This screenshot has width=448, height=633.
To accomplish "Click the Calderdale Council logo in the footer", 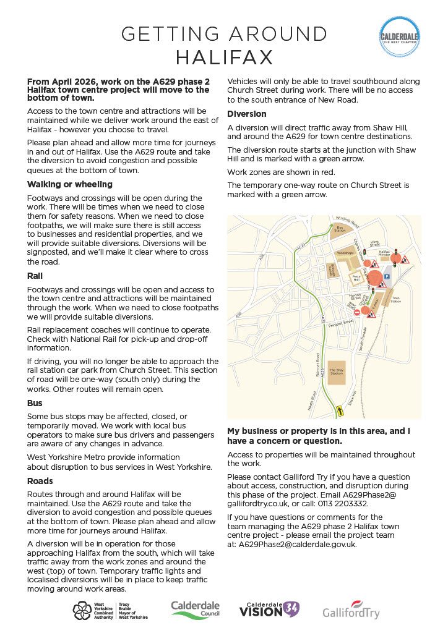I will [196, 609].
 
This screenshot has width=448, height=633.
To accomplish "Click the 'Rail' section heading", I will [35, 276].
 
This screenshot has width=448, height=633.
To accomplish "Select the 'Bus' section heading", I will [36, 403].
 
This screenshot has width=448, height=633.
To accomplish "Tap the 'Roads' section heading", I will [40, 481].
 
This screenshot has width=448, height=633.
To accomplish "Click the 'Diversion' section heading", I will [247, 114].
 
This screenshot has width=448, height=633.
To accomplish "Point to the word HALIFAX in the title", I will [224, 57].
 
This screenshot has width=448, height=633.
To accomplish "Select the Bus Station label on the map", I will [339, 229].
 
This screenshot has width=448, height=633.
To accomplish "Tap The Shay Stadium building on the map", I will [336, 373].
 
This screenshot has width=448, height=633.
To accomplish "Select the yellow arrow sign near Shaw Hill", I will [339, 410].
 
